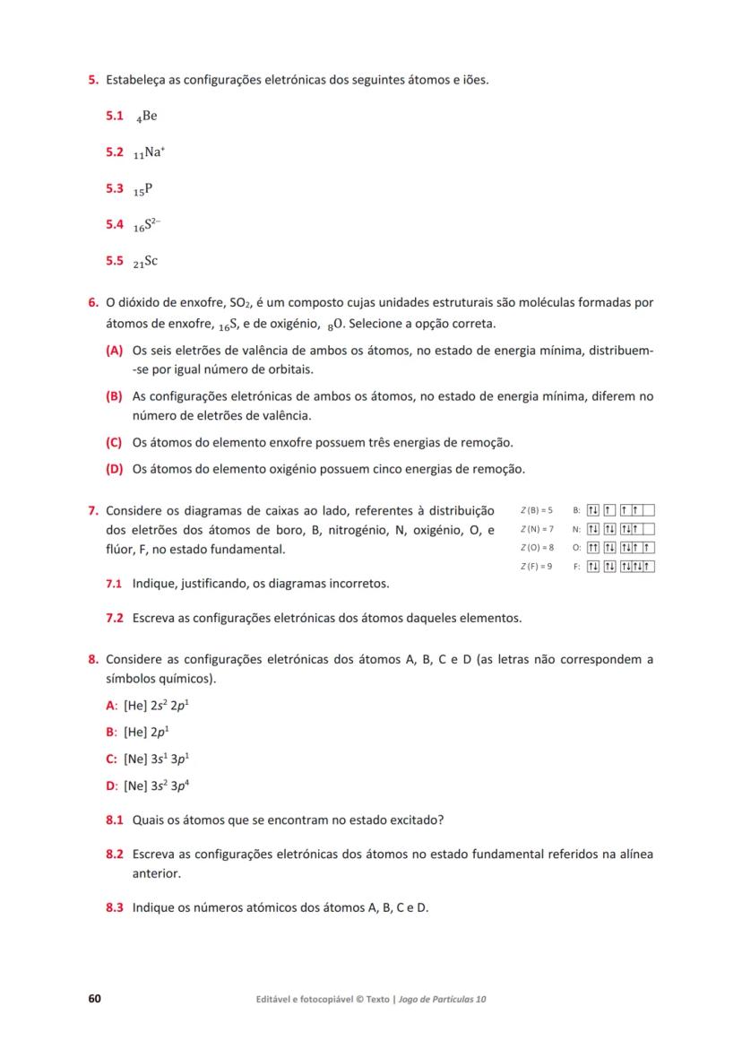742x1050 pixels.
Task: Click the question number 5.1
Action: (114, 116)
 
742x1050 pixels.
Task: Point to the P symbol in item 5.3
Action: (146, 189)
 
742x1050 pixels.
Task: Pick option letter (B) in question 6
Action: (114, 395)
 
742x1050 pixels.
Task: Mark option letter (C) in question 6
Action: (114, 442)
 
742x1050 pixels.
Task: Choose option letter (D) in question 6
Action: (114, 469)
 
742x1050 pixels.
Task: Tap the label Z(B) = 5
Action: (536, 510)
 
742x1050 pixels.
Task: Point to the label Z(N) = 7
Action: (536, 529)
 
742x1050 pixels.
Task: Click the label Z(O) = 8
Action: (536, 547)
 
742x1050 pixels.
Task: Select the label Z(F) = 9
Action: (536, 566)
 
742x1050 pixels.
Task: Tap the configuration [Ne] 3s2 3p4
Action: (156, 785)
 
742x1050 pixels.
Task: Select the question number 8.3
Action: (114, 907)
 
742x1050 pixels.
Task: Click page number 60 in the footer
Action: (94, 998)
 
